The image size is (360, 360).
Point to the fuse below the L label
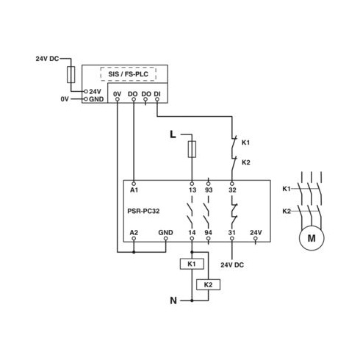192,149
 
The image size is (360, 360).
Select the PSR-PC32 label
143,211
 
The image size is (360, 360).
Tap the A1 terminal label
134,190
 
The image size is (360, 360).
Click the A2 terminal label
134,232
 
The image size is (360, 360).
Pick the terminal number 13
192,190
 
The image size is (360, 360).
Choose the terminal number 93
209,190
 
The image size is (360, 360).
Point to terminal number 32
232,190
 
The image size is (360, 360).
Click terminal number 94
209,232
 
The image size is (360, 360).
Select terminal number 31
231,232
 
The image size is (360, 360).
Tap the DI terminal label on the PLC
157,94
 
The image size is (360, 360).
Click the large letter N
173,300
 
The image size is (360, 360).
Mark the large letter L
173,134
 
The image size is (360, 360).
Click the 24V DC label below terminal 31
232,264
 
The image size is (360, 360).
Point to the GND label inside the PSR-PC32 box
165,232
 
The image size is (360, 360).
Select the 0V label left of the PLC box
65,99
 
